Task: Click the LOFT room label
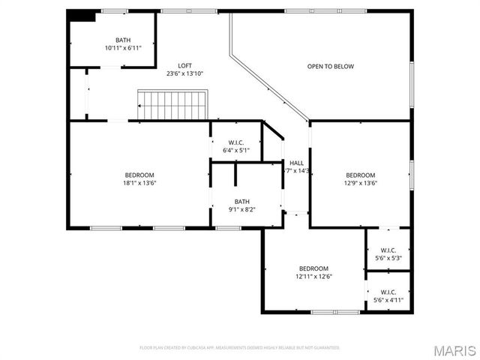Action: click(x=184, y=65)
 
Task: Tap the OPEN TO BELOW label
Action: click(x=330, y=67)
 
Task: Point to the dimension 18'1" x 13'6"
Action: click(x=139, y=183)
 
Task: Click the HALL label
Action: click(x=296, y=163)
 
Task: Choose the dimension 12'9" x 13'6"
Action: click(x=360, y=183)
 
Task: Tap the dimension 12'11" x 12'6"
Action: click(x=313, y=277)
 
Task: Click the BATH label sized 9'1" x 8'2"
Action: click(x=241, y=201)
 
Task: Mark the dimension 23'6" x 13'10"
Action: click(x=184, y=73)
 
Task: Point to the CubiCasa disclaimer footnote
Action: click(x=239, y=347)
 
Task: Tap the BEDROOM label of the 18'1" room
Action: click(x=139, y=175)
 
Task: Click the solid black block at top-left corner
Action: click(x=82, y=15)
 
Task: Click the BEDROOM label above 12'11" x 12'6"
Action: click(x=313, y=268)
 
